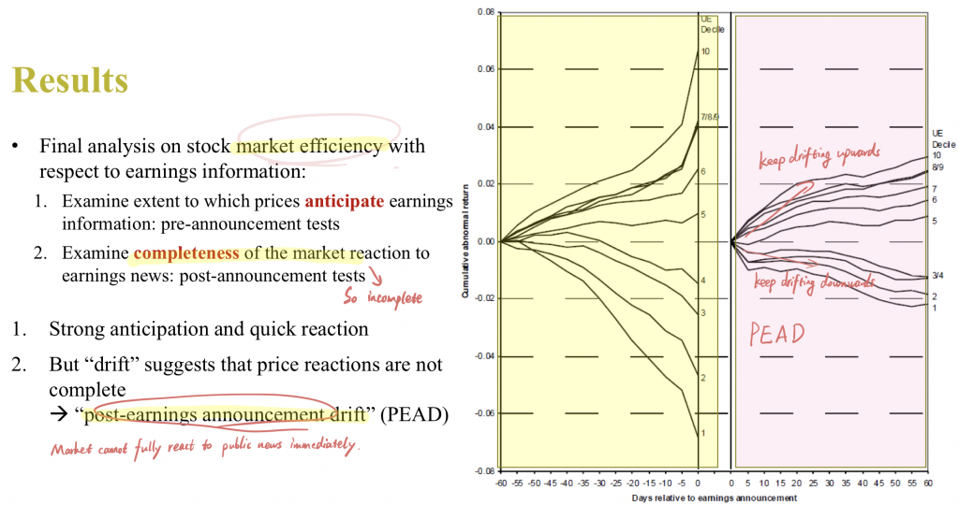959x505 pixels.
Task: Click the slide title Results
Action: [69, 80]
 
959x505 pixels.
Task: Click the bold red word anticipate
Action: [345, 201]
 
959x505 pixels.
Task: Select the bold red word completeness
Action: [186, 252]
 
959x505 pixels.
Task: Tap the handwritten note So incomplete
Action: [382, 297]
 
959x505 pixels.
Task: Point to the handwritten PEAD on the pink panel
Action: [776, 334]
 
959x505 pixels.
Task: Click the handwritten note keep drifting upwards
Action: [819, 155]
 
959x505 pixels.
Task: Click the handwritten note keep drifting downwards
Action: [814, 282]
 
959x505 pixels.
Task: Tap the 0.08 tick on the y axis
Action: [486, 12]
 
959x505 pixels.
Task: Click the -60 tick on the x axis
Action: [501, 483]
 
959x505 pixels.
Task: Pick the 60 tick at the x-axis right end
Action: [928, 483]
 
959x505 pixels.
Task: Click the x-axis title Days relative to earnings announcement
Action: [715, 498]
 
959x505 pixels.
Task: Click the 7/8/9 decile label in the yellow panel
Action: [710, 117]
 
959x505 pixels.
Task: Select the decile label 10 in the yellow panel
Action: [705, 51]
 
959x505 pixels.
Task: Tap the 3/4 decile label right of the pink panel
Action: [937, 275]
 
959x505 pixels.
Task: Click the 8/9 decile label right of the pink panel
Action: [937, 166]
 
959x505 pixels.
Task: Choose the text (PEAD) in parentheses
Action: [414, 414]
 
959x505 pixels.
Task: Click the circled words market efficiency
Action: [309, 146]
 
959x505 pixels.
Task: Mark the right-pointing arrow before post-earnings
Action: [59, 414]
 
